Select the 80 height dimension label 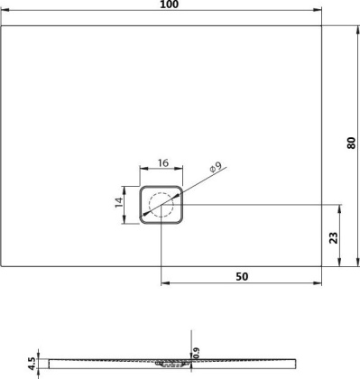[350, 145]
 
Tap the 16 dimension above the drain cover [162, 163]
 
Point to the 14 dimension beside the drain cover [120, 204]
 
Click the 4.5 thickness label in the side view [32, 363]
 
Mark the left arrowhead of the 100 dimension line [5, 14]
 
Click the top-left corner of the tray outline [3, 26]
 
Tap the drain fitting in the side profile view [167, 365]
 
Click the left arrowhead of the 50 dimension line [163, 284]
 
